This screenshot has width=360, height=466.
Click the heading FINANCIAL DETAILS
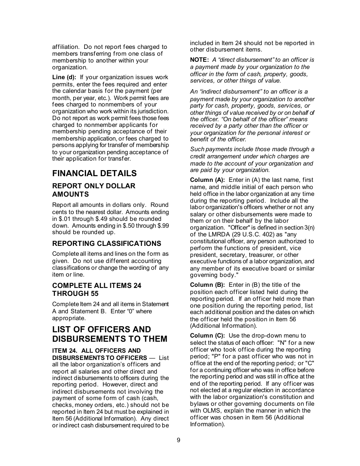[94, 174]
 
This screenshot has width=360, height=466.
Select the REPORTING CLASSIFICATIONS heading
[106, 244]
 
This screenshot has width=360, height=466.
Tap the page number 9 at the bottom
[178, 440]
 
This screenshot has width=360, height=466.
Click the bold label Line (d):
[64, 77]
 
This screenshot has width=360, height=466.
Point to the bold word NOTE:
[199, 60]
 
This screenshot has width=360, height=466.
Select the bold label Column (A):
[207, 180]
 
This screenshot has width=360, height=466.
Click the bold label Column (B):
[207, 285]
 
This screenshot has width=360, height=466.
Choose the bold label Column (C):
[207, 336]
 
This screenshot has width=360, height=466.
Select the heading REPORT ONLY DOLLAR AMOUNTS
[94, 190]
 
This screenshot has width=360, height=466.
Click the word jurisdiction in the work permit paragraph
[152, 111]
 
